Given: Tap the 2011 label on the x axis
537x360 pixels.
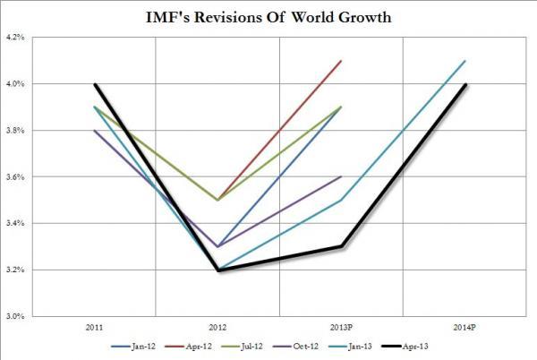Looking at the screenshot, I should coord(94,327).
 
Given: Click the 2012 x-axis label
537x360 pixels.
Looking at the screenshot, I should coord(217,327).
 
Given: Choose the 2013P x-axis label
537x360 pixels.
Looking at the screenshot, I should coord(341,327).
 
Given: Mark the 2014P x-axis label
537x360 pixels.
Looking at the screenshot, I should coord(465,327).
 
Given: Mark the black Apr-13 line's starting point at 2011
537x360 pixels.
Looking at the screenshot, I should coord(94,84).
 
